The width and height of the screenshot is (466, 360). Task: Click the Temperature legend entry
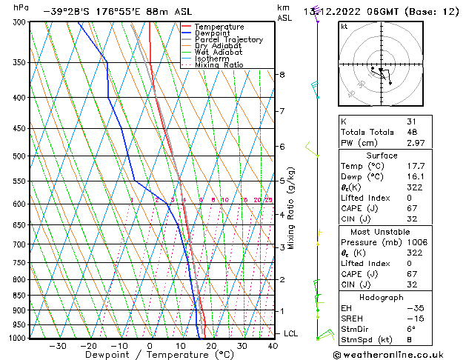[x=219, y=27]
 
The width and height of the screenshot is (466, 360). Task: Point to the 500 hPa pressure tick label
[x=20, y=156]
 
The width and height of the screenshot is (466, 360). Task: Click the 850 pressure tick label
[x=20, y=296]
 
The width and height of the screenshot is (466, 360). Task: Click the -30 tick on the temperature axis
[x=57, y=346]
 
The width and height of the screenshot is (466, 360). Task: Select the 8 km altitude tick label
[x=282, y=75]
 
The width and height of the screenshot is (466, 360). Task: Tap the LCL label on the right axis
[x=291, y=333]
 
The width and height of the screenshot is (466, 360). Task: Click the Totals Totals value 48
[x=411, y=132]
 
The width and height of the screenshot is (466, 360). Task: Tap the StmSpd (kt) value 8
[x=409, y=340]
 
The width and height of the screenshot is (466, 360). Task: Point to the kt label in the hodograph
[x=344, y=26]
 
